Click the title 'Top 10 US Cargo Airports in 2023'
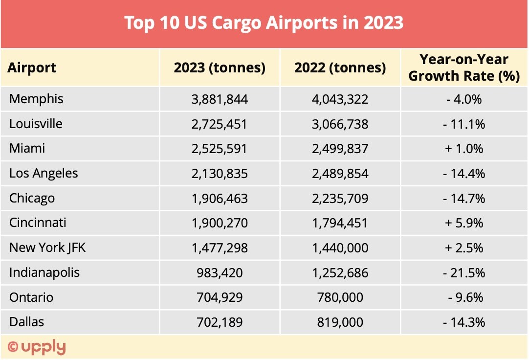coord(264,23)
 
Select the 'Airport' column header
coord(32,67)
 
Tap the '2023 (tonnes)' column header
coord(220,67)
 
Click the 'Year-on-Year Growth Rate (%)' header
coord(464,67)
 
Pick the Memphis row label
coord(36,99)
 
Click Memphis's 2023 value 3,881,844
coord(220,99)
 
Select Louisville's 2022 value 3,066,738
coord(340,124)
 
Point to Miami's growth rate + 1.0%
coord(464,149)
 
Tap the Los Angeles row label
coord(44,174)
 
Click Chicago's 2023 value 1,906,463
coord(220,199)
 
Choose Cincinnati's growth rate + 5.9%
coord(464,223)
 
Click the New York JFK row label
coord(47,248)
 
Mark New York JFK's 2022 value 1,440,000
coord(340,248)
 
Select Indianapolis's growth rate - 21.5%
coord(464,273)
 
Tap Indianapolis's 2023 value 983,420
coord(220,273)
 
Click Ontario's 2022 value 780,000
coord(340,297)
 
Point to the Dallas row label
coord(26,322)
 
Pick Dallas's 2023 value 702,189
coord(220,322)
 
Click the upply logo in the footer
coord(37,347)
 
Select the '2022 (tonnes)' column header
coord(340,67)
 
